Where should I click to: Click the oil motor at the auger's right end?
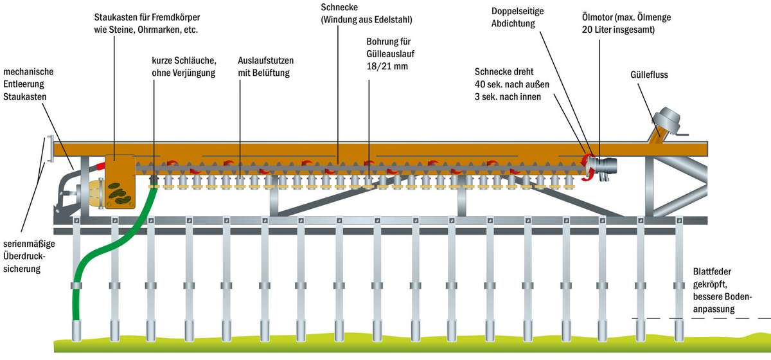(604, 166)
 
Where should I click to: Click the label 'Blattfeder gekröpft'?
(713, 278)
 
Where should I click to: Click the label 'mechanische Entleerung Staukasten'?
(28, 84)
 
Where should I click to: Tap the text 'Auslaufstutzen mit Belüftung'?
(266, 67)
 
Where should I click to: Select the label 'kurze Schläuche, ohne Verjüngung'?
(184, 67)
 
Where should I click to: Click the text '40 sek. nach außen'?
(511, 84)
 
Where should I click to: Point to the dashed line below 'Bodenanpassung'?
(700, 318)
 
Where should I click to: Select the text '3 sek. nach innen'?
(508, 97)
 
